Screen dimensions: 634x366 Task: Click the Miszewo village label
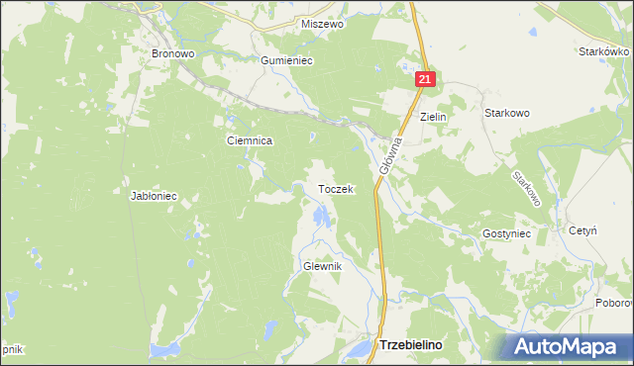click(x=322, y=25)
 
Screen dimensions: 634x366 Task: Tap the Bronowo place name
click(x=171, y=53)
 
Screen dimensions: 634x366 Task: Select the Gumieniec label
click(x=286, y=60)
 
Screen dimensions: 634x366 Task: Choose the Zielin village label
click(x=434, y=117)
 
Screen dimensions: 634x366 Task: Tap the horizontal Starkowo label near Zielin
click(x=506, y=113)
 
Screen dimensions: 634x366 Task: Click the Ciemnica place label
click(x=250, y=141)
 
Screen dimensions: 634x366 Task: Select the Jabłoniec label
click(x=154, y=196)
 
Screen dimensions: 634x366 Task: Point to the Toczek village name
click(x=335, y=189)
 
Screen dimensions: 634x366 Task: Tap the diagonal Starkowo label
click(x=526, y=188)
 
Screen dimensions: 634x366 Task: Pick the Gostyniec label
click(x=507, y=233)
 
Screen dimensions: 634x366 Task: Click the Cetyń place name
click(x=582, y=230)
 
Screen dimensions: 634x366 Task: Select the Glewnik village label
click(x=322, y=267)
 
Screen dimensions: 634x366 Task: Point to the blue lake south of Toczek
click(x=319, y=216)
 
